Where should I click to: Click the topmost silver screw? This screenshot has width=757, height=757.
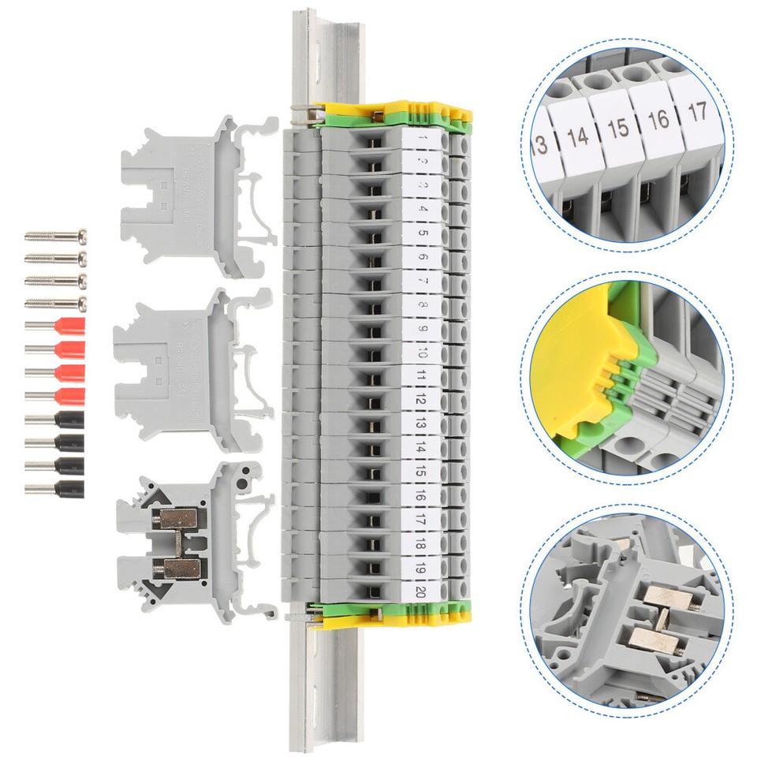55,235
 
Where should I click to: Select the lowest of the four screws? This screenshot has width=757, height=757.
55,304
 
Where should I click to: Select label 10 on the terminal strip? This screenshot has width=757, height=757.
423,352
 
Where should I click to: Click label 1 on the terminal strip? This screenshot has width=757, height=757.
423,139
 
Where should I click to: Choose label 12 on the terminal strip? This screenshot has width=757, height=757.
423,400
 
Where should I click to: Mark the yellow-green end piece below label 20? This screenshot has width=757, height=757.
386,611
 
